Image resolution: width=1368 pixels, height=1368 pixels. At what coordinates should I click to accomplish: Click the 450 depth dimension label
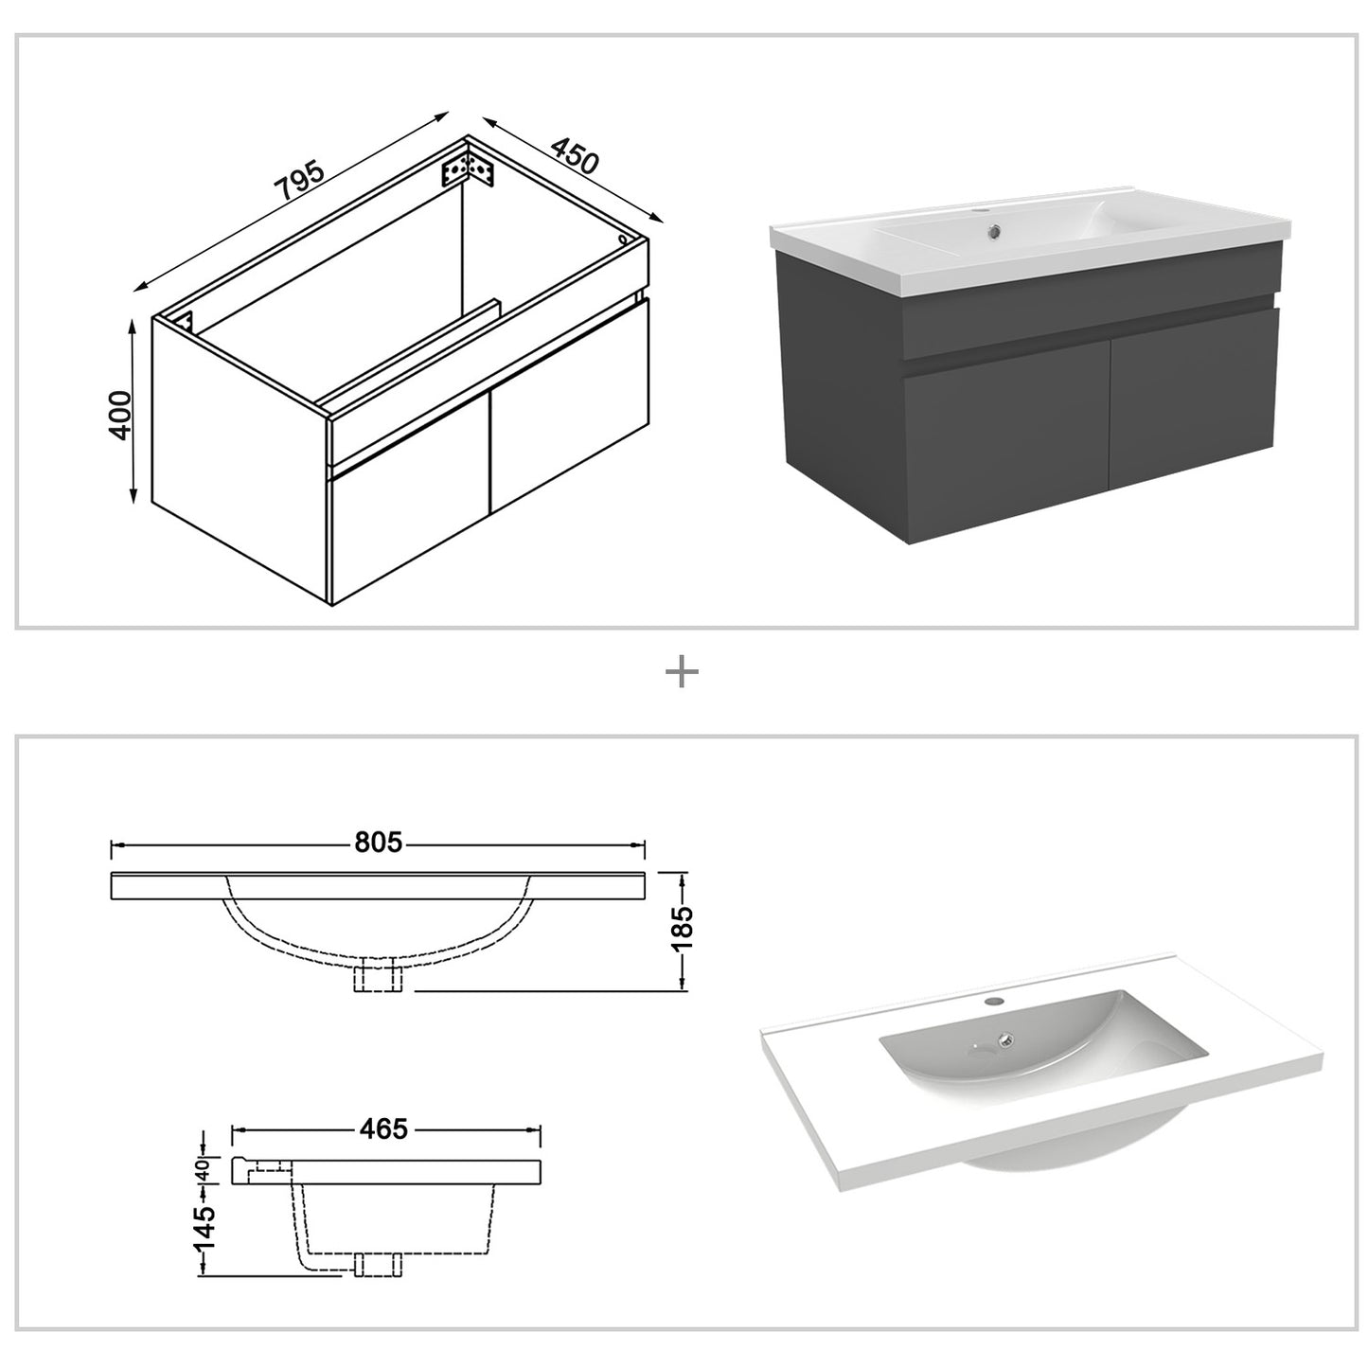pos(574,156)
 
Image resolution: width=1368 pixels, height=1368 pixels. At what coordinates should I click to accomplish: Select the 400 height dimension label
pos(120,414)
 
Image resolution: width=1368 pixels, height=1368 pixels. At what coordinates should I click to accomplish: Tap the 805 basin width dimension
pos(379,843)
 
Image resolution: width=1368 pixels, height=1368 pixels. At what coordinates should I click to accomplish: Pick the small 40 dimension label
pos(202,1170)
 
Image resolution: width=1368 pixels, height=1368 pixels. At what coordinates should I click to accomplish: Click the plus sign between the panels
pos(682,673)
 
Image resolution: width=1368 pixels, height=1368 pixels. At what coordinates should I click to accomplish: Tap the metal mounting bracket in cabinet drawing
pos(468,167)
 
